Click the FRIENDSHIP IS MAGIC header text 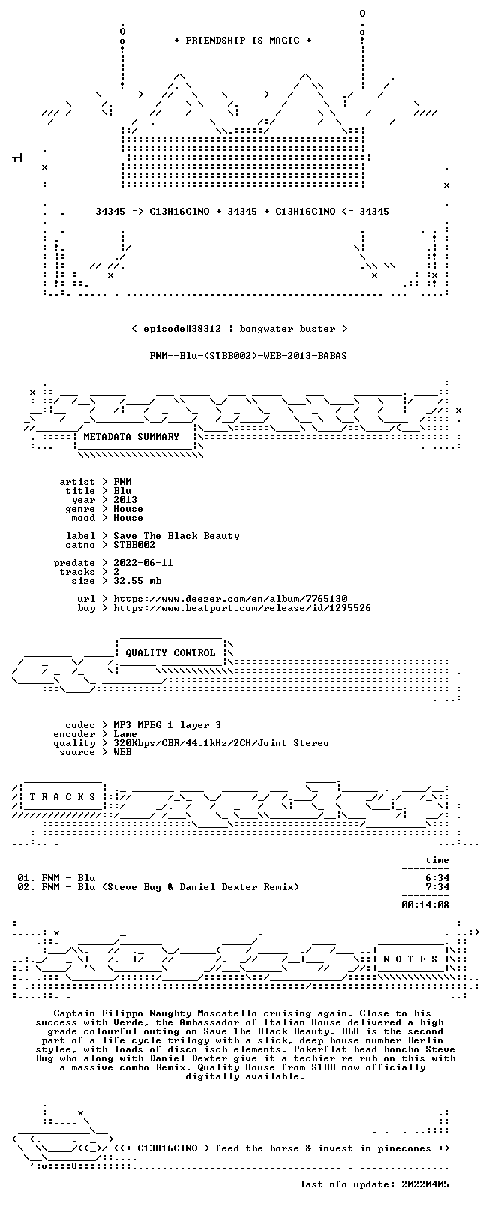pyautogui.click(x=243, y=41)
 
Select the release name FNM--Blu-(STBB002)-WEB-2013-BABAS pyautogui.click(x=248, y=356)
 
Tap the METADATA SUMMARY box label pyautogui.click(x=131, y=436)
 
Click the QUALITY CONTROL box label pyautogui.click(x=170, y=652)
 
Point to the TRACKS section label pyautogui.click(x=62, y=797)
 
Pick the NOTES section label pyautogui.click(x=411, y=959)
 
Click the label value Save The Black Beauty pyautogui.click(x=176, y=536)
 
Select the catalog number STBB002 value pyautogui.click(x=134, y=545)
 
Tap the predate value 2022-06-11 pyautogui.click(x=143, y=563)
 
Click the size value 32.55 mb pyautogui.click(x=137, y=581)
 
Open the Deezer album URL pyautogui.click(x=230, y=599)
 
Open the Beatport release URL pyautogui.click(x=242, y=608)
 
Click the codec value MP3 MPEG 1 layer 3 pyautogui.click(x=167, y=725)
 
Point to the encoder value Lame pyautogui.click(x=125, y=734)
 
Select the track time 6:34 pyautogui.click(x=437, y=877)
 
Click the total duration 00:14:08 pyautogui.click(x=425, y=904)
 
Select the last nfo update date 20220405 pyautogui.click(x=425, y=1184)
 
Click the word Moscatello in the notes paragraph pyautogui.click(x=227, y=1013)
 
